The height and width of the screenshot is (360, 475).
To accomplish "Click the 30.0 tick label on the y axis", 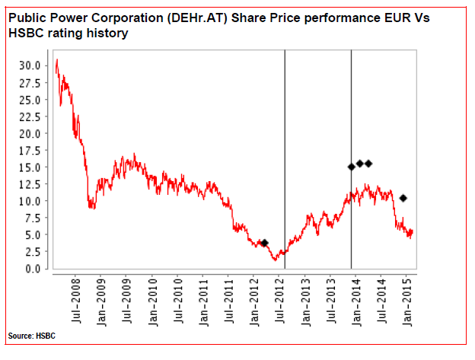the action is [x=30, y=65].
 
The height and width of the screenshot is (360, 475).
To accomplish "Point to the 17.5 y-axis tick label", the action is [x=30, y=151].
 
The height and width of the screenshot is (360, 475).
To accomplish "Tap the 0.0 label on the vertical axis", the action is [x=33, y=269].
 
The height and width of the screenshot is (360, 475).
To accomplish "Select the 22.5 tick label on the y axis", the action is [x=30, y=116].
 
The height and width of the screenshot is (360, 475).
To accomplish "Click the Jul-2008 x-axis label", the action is [x=76, y=301].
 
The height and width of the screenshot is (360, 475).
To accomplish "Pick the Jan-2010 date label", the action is [x=153, y=302].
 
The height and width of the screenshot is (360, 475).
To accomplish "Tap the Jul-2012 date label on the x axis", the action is [x=281, y=301].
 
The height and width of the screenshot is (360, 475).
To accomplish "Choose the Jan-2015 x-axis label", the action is [x=408, y=302].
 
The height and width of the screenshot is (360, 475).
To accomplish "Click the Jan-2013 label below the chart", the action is [x=306, y=302].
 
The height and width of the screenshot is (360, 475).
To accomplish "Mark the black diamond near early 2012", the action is [x=264, y=243].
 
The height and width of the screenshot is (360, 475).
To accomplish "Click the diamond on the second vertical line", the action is [x=352, y=167].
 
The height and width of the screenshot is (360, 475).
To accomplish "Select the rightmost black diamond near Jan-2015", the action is [x=403, y=198].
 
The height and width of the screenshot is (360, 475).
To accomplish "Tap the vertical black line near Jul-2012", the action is [x=285, y=159].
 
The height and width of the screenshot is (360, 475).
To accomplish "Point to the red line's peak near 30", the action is [x=57, y=59].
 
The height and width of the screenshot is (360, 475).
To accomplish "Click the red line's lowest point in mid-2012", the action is [x=275, y=260].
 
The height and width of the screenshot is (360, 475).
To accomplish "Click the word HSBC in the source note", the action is [x=46, y=336].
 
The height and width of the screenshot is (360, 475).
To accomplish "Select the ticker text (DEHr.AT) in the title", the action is [x=196, y=18].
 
